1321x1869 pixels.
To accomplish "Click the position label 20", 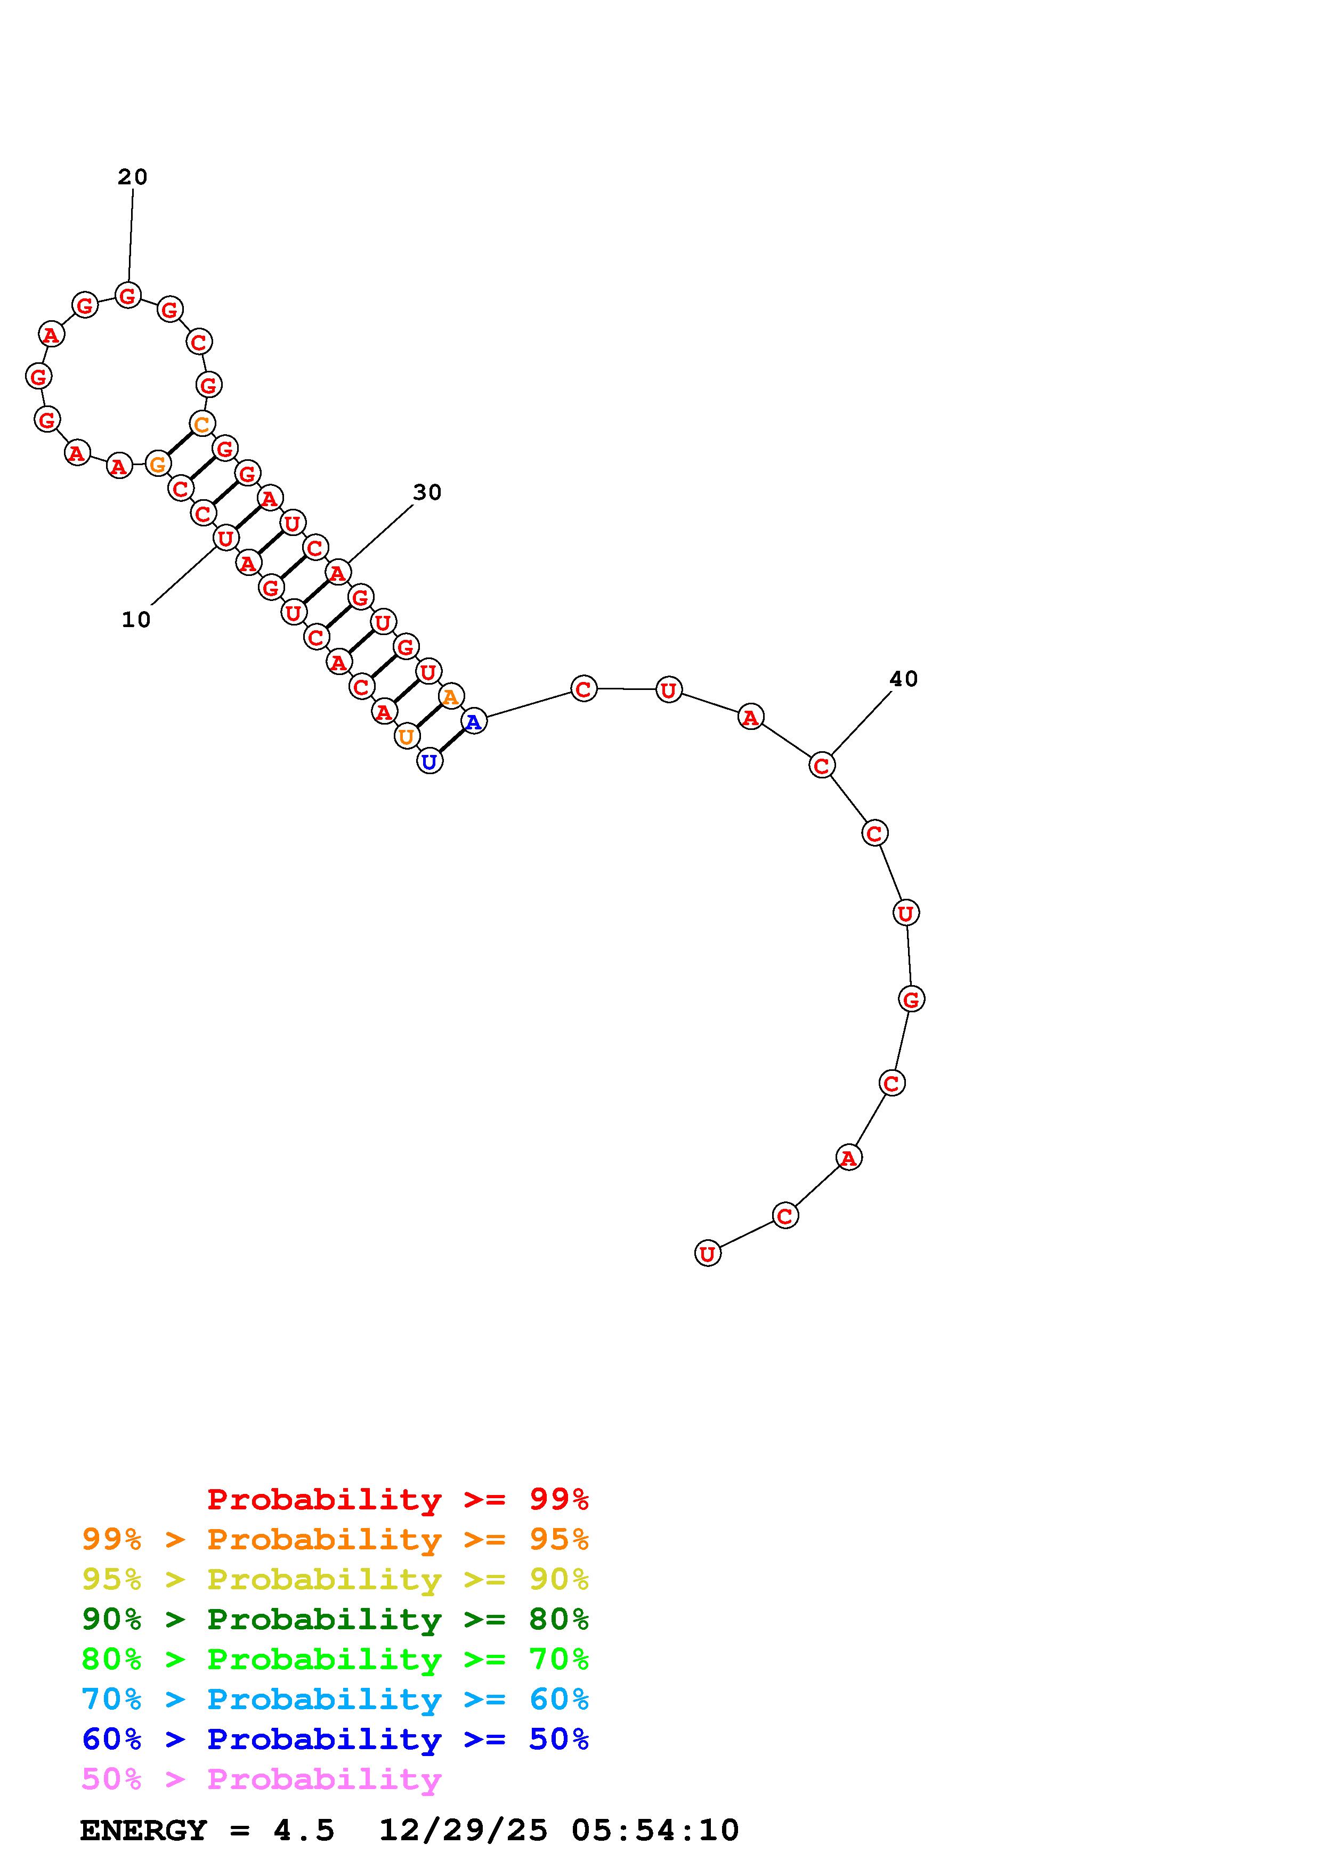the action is [133, 177].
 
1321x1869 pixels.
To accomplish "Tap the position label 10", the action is [136, 620].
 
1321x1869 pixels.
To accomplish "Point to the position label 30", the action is [427, 492].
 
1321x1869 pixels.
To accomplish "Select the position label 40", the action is [903, 678].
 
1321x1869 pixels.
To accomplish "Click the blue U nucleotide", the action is [429, 761].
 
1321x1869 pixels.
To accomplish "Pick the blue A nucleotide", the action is [474, 720].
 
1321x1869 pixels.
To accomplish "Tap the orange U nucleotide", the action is [406, 737].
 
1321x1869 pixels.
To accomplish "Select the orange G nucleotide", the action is [158, 464].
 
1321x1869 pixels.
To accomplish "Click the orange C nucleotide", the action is [202, 423].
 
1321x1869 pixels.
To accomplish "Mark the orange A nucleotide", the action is [451, 696].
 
